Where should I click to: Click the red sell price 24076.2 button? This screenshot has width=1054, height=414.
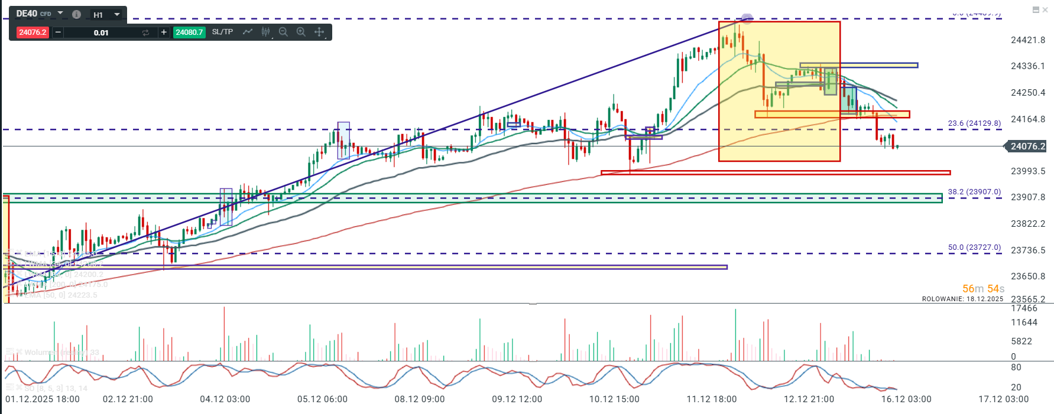(x=33, y=32)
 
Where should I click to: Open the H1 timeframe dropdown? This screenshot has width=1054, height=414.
(x=107, y=15)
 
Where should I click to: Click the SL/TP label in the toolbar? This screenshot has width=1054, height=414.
(x=222, y=32)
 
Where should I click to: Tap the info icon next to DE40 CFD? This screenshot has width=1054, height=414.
(x=76, y=14)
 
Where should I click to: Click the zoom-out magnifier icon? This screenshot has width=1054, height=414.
(x=283, y=32)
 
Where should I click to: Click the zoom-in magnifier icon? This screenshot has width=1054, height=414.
(x=301, y=32)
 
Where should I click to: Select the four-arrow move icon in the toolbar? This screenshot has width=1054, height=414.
(x=319, y=32)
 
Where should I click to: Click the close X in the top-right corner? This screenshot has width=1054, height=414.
(x=1045, y=9)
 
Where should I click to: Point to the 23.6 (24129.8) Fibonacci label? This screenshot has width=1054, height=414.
(x=974, y=123)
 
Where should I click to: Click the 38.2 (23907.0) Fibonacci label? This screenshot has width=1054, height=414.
(x=974, y=192)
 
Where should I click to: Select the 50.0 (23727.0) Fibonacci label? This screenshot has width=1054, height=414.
(x=974, y=247)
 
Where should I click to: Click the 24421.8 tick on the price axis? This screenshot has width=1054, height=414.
(x=1028, y=40)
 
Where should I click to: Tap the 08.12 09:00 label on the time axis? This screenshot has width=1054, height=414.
(x=420, y=399)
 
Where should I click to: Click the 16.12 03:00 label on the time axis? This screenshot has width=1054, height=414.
(x=906, y=399)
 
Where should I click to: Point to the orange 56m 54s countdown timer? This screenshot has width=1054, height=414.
(x=983, y=289)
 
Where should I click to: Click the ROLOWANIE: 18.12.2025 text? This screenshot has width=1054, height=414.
(x=962, y=299)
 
